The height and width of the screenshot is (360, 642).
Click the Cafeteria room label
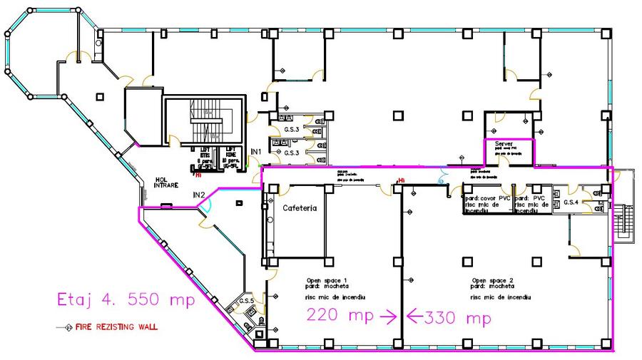tap(300, 208)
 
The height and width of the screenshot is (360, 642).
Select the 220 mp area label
tap(340, 315)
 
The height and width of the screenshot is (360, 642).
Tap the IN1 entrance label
tap(256, 153)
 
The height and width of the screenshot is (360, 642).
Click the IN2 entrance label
tap(199, 195)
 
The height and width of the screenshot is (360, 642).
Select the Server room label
tap(504, 144)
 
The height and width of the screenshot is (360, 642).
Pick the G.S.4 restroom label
tap(571, 203)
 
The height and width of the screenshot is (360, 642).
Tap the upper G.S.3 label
tap(291, 129)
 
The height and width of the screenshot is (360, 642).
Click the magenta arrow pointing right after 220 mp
tap(388, 316)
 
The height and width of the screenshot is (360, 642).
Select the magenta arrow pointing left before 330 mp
tap(414, 316)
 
